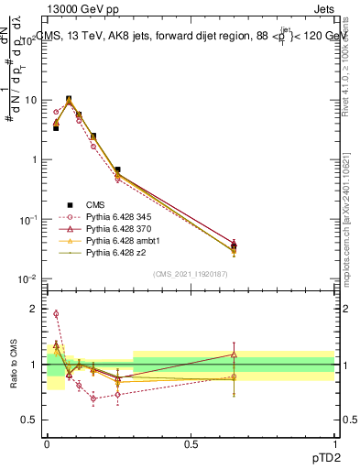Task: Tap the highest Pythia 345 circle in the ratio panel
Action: coord(56,314)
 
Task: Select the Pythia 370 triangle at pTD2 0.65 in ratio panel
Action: coord(234,354)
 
